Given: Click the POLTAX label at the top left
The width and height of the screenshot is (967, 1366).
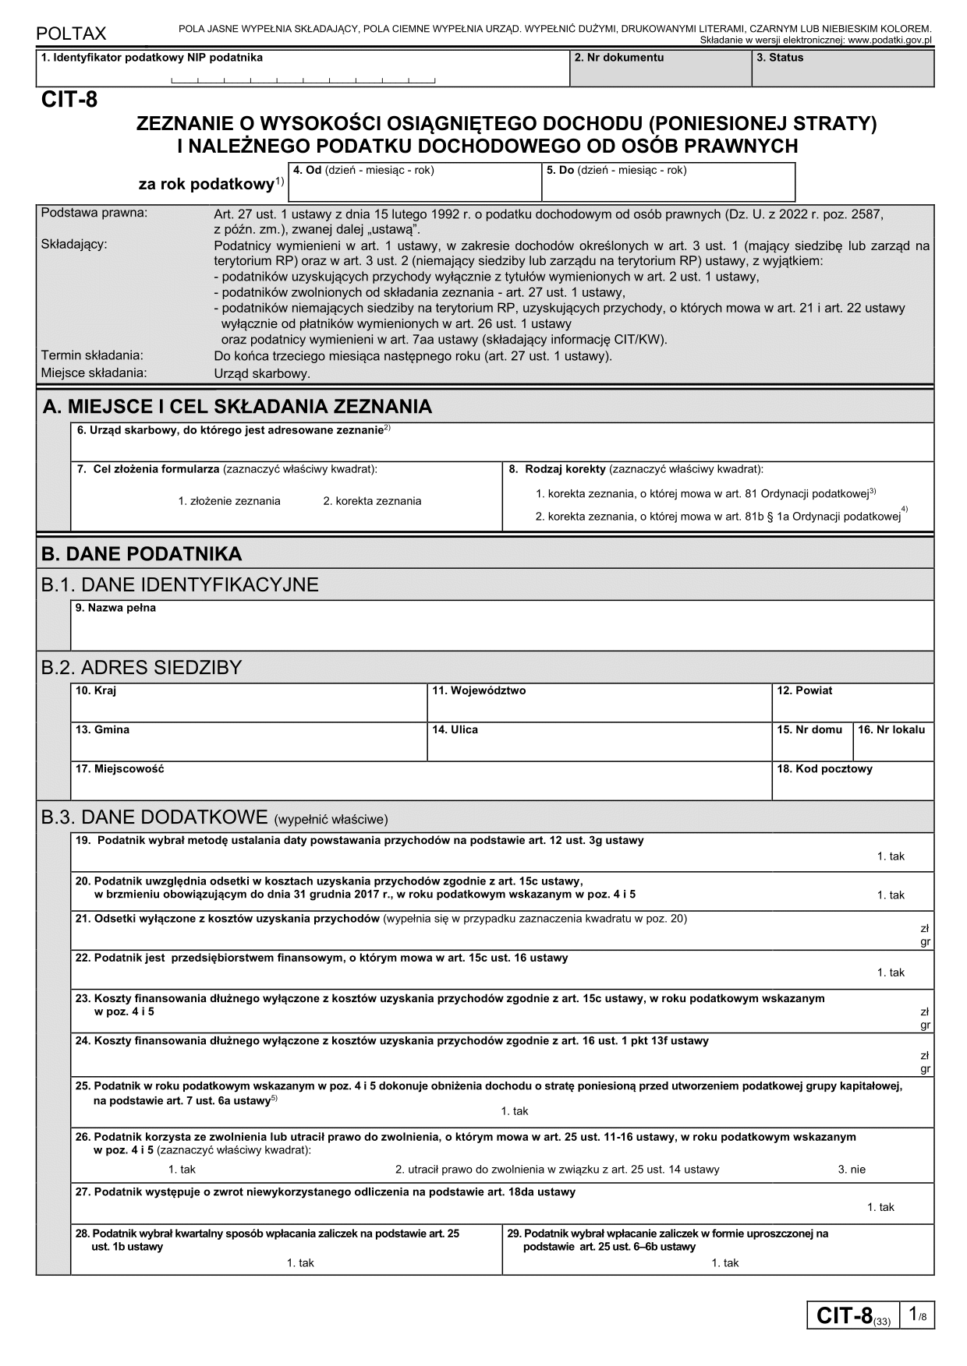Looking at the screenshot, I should coord(71,34).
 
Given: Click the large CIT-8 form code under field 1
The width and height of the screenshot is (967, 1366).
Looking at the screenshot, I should coord(69,100).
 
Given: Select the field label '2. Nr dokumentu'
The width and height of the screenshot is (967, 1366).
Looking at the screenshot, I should coord(618,58).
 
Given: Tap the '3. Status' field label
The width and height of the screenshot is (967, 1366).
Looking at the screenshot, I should coord(779,58).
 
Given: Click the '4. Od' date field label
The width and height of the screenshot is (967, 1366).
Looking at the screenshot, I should coord(363,170).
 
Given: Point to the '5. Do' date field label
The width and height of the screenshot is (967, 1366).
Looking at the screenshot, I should coord(616,170).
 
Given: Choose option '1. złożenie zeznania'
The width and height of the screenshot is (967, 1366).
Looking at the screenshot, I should coord(228,501).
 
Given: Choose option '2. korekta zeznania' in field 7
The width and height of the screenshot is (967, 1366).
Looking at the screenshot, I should coord(372,501).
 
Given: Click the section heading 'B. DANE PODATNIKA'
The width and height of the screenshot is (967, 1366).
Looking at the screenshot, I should coord(141,554).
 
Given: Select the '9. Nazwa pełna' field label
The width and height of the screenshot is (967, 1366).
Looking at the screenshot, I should coord(115,608).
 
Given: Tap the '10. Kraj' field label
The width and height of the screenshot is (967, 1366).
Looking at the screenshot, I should coord(96,690).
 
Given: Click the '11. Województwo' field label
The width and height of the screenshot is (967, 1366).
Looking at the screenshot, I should coord(479,690).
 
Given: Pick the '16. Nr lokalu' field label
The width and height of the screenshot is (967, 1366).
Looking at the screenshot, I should coord(891,730).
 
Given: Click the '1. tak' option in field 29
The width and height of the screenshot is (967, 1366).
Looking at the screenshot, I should coord(724,1263).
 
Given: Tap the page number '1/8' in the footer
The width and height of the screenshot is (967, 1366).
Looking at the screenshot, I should coord(917,1315).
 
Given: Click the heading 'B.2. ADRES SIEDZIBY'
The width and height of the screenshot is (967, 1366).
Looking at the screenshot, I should coord(141,668).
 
